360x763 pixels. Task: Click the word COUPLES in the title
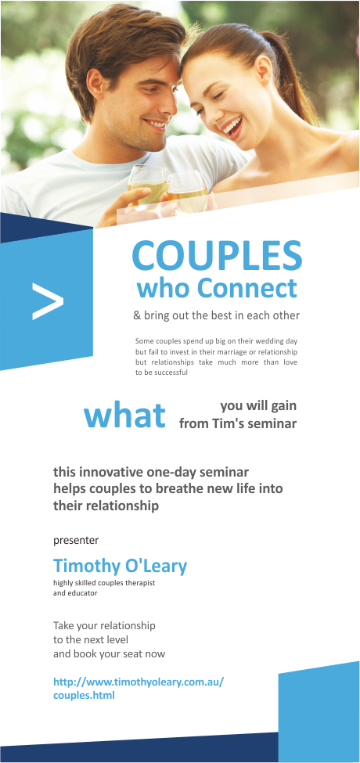pyautogui.click(x=217, y=256)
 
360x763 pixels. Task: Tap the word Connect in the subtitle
pyautogui.click(x=247, y=288)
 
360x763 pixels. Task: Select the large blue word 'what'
pyautogui.click(x=125, y=415)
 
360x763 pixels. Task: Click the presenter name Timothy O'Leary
pyautogui.click(x=120, y=565)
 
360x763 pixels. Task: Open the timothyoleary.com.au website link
pyautogui.click(x=138, y=688)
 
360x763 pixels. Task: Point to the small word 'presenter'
pyautogui.click(x=76, y=540)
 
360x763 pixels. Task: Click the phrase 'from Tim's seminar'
pyautogui.click(x=238, y=423)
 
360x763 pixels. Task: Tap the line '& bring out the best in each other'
pyautogui.click(x=216, y=316)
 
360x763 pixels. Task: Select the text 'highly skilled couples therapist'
pyautogui.click(x=104, y=584)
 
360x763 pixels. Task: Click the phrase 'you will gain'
pyautogui.click(x=258, y=405)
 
